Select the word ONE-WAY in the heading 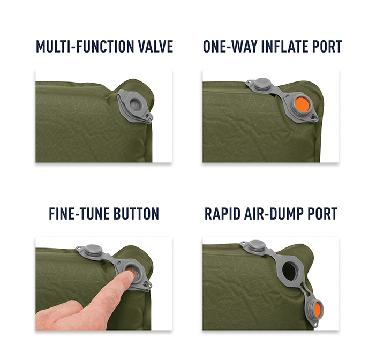coord(230,46)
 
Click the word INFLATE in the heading coord(284,46)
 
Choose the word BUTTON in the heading coord(136,213)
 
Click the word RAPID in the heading coord(222,213)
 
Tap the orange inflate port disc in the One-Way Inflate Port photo coord(302,105)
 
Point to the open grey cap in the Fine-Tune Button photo coord(93,251)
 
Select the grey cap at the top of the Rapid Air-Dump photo coord(257,246)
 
